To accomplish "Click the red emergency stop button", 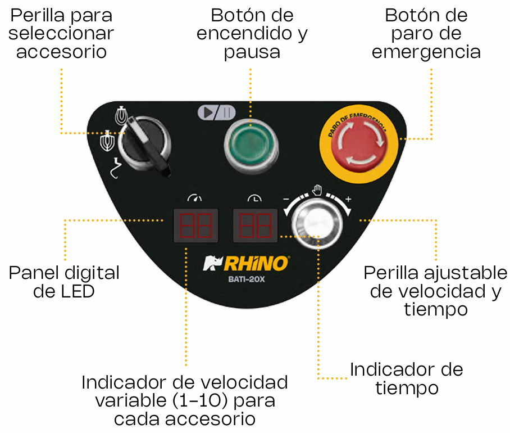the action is [359, 144].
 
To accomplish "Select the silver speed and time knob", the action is [317, 223].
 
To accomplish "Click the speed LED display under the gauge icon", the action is [196, 225].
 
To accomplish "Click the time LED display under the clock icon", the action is [256, 225].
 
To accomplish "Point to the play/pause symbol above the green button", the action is [217, 112].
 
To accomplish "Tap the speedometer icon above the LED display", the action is [194, 197].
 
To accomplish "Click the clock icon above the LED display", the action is [254, 198].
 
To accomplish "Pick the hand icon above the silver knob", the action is [317, 190].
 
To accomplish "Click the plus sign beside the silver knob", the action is [348, 199].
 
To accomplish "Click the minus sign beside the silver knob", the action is [286, 199].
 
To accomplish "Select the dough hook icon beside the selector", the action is [115, 168].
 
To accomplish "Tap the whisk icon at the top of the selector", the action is [121, 115].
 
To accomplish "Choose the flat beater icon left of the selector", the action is [107, 141].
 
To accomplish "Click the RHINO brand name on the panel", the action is [256, 263].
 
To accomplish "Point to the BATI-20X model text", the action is [247, 279].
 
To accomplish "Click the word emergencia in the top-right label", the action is [426, 52].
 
